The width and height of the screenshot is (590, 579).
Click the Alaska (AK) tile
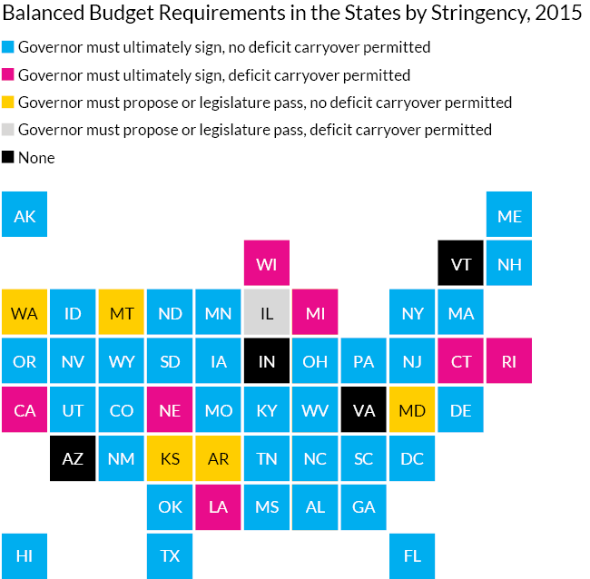coord(25,215)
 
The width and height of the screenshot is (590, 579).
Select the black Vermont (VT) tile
coord(461,264)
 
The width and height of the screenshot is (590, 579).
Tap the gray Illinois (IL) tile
coord(267,313)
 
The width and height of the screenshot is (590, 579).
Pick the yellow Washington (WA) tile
coord(25,313)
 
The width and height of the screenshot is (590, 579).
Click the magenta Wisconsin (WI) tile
coord(267,264)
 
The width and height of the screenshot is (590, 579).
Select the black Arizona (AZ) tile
coord(73,459)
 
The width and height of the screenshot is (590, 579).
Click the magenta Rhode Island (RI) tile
coord(509,361)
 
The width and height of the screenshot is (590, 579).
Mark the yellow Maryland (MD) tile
coord(412,410)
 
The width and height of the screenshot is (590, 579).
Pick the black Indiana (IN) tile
coord(267,361)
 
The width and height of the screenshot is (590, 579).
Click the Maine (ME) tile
coord(509,215)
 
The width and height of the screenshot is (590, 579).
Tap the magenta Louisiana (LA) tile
coord(218,507)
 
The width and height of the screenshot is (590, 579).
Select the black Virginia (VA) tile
coord(364,410)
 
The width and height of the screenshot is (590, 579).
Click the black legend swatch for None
coord(7,158)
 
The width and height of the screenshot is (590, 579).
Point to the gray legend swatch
coord(7,130)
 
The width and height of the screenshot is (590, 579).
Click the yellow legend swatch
coord(7,103)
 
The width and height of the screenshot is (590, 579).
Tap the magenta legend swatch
coord(7,74)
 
